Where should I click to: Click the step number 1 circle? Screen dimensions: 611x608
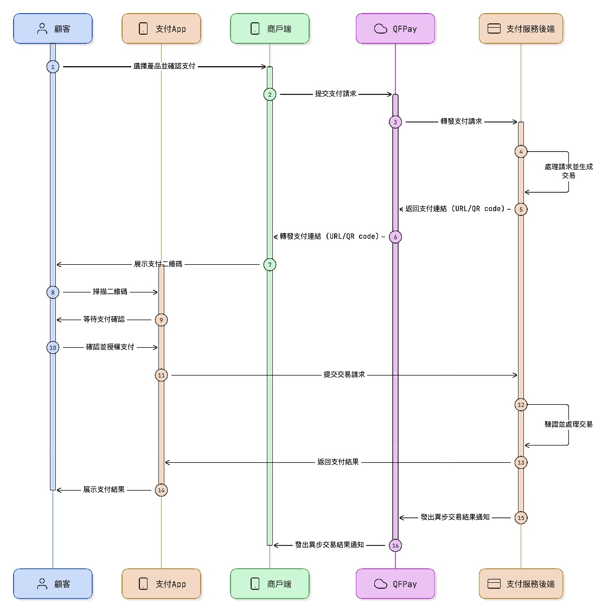coord(53,67)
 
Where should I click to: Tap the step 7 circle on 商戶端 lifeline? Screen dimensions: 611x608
coord(270,265)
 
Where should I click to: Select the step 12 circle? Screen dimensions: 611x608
coord(521,405)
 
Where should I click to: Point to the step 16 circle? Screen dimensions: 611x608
coord(395,545)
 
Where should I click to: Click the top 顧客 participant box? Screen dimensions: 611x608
coord(53,29)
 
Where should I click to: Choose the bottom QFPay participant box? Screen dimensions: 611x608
coord(395,584)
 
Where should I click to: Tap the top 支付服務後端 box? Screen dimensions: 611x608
coord(521,29)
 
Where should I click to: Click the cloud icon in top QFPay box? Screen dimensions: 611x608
coord(381,29)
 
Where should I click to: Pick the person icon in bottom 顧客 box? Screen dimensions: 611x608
coord(42,584)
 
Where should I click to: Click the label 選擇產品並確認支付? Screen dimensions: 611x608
coord(164,66)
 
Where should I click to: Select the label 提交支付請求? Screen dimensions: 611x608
coord(336,94)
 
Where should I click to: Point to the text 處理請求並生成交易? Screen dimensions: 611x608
coord(568,171)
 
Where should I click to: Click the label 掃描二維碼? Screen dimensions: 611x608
coord(110,292)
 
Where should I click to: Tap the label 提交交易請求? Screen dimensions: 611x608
coord(344,374)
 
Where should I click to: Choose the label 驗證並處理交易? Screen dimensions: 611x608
coord(568,424)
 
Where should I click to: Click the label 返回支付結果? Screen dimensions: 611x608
coord(338,462)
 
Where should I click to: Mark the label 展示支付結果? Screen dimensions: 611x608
coord(104,489)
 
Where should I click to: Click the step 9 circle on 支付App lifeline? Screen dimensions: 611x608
coord(161,320)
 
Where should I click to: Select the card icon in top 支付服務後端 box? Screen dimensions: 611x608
coord(494,29)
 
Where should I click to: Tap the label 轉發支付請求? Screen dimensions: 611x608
coord(461,122)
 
